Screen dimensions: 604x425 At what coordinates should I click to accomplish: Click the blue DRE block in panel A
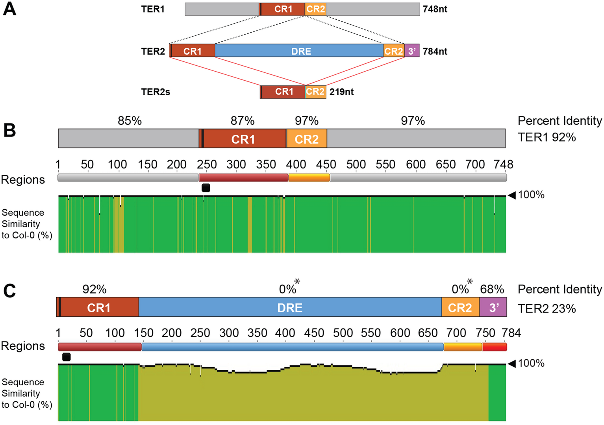click(x=299, y=50)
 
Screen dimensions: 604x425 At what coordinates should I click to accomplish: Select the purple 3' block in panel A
click(x=412, y=50)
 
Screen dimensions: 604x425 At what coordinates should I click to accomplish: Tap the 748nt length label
click(x=435, y=9)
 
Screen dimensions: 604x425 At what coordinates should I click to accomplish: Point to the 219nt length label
click(x=341, y=92)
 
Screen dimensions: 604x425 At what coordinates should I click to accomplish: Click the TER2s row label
click(x=156, y=92)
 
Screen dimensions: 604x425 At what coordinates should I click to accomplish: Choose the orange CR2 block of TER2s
click(x=315, y=92)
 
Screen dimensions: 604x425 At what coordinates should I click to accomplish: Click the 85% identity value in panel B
click(x=130, y=121)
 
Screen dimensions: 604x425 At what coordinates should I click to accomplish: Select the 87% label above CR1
click(x=243, y=121)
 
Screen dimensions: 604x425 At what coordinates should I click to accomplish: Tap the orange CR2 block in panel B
click(x=307, y=138)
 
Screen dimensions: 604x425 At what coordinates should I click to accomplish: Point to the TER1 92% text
click(x=547, y=137)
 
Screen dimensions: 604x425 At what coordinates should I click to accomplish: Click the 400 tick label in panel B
click(x=296, y=164)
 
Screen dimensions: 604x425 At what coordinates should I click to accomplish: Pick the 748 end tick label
click(x=503, y=164)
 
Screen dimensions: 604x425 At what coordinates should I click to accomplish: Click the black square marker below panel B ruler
click(x=206, y=188)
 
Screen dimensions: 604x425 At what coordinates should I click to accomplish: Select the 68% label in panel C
click(x=492, y=289)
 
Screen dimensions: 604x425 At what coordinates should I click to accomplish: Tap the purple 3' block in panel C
click(x=493, y=307)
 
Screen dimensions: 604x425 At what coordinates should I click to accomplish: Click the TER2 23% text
click(x=547, y=308)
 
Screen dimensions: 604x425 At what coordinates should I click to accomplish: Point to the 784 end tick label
click(x=511, y=333)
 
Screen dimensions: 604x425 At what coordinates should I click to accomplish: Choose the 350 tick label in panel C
click(x=258, y=333)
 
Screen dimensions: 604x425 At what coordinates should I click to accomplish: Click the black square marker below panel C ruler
click(x=66, y=357)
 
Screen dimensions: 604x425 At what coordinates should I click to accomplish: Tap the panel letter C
click(x=10, y=291)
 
